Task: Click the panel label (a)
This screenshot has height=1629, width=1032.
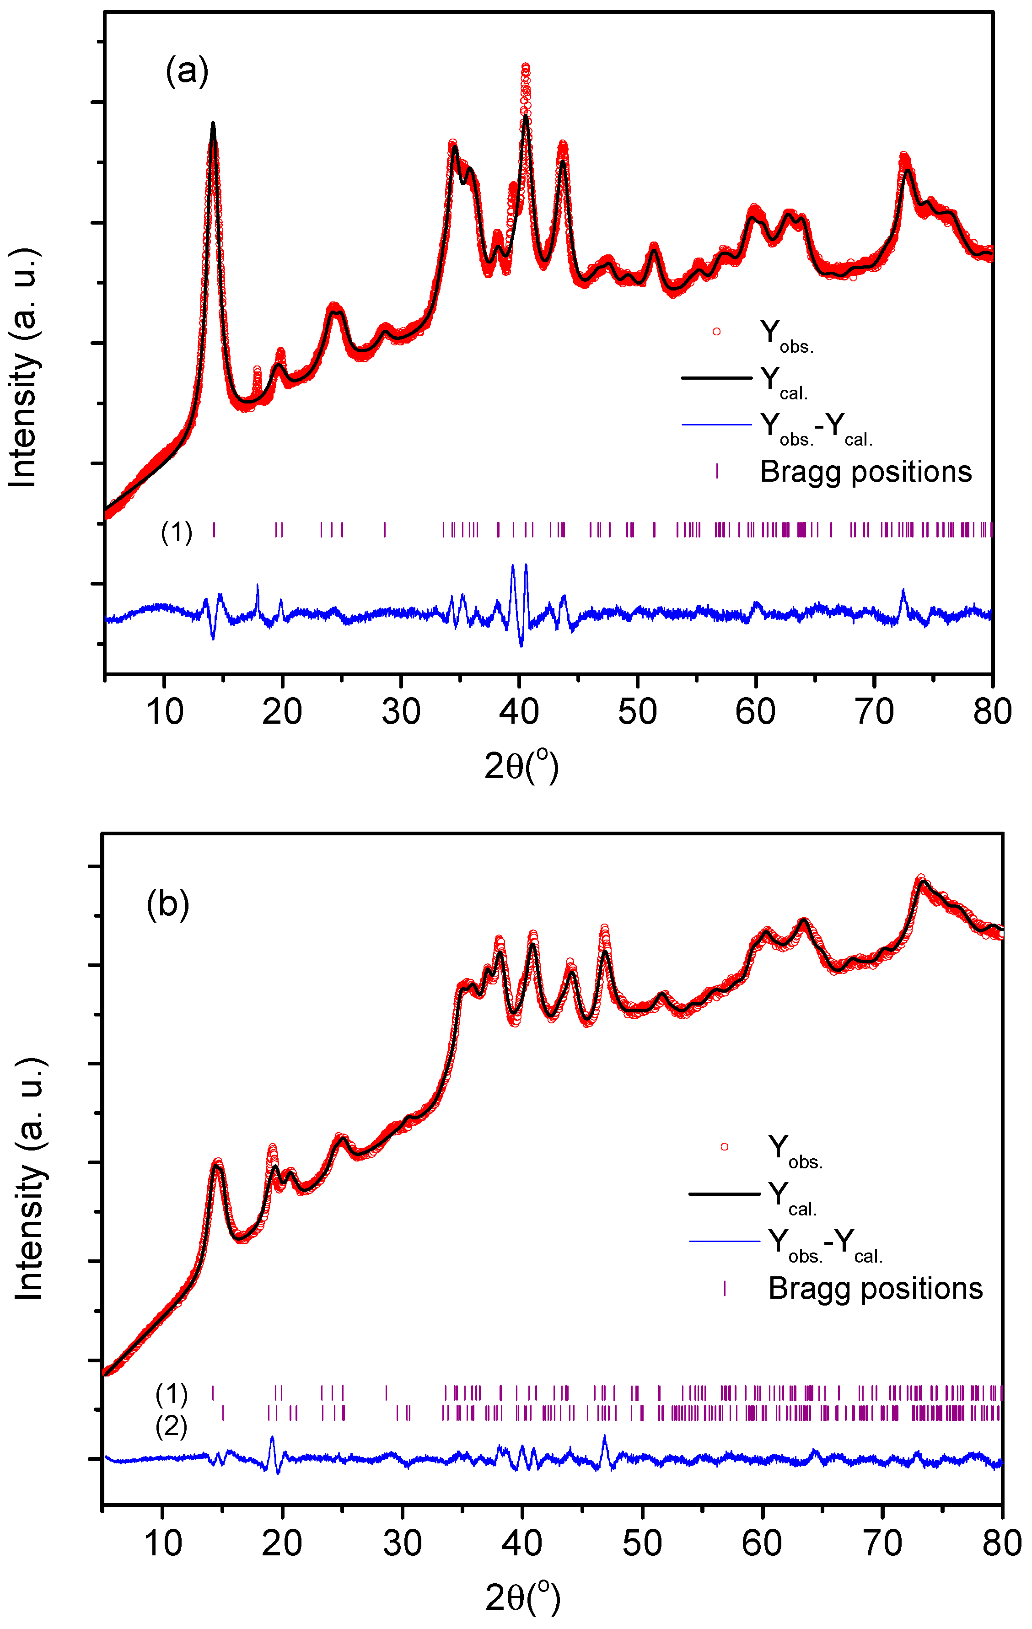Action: (x=187, y=70)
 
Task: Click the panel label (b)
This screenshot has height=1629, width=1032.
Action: (x=168, y=904)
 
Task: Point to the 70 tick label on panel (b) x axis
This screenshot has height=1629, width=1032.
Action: (x=882, y=1543)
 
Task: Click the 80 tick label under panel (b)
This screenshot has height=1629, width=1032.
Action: (x=1001, y=1543)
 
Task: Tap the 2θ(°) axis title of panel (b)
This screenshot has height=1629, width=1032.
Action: (x=523, y=1598)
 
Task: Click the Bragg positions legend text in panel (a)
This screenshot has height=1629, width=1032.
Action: (x=865, y=472)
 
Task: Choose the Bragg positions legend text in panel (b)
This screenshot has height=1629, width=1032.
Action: (x=875, y=1288)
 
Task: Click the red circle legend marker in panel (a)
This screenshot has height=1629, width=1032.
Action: (x=716, y=332)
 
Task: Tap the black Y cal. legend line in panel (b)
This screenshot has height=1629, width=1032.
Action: (x=724, y=1194)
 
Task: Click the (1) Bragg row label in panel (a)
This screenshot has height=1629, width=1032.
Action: (x=177, y=532)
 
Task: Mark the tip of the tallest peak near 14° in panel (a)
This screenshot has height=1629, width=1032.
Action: (x=213, y=124)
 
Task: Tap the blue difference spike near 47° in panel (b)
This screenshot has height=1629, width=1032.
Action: (x=605, y=1436)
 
